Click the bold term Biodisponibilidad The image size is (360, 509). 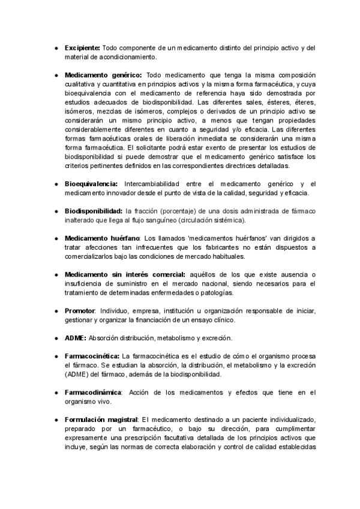93,211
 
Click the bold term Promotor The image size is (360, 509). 80,310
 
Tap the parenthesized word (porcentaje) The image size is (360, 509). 181,211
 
